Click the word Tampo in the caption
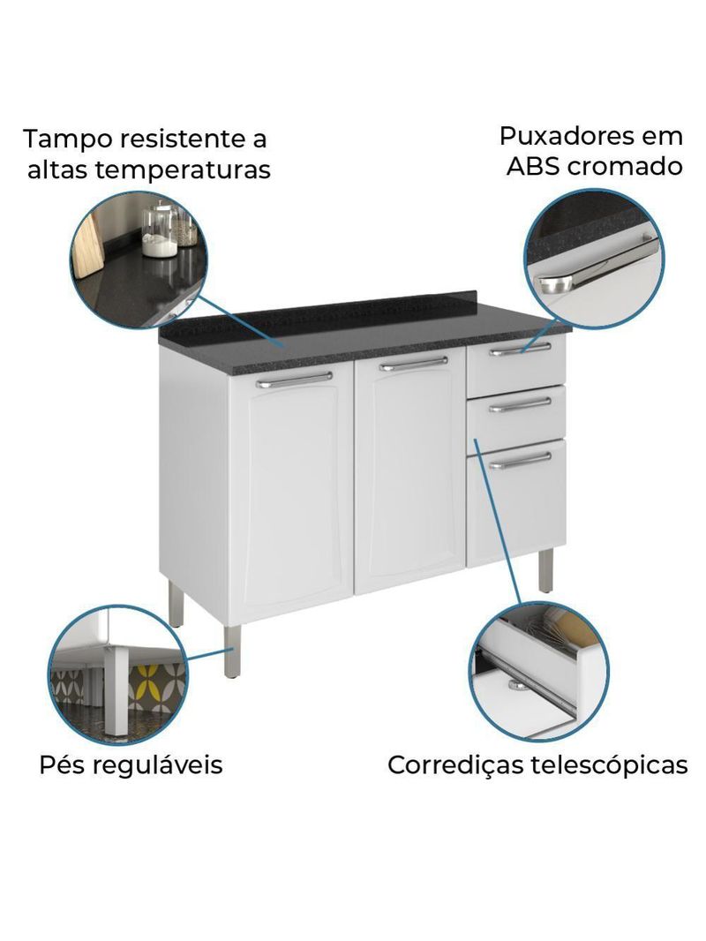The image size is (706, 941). pos(66,139)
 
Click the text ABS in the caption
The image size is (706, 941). pos(533,166)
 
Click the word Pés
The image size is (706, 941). pos(63,764)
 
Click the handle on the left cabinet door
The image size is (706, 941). pos(294,380)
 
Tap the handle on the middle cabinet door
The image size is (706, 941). pos(413,363)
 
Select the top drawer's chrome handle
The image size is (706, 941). pos(521,350)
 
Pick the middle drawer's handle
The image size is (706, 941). pos(520,405)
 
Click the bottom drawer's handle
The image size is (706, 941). pos(520,460)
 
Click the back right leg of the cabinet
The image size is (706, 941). pos(547,571)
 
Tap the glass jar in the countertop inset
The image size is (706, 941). pos(160,232)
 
